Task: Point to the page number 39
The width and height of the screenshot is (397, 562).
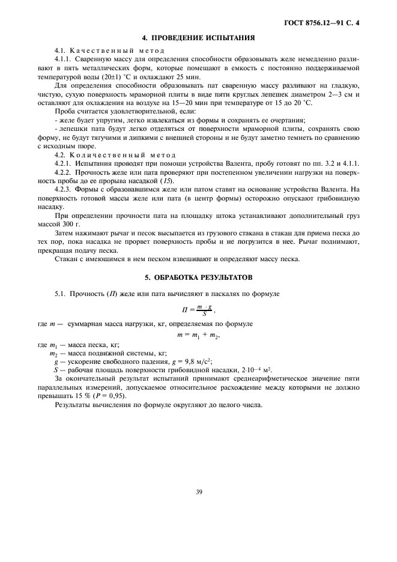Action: point(198,492)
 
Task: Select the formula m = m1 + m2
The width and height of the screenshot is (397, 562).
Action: point(198,334)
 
